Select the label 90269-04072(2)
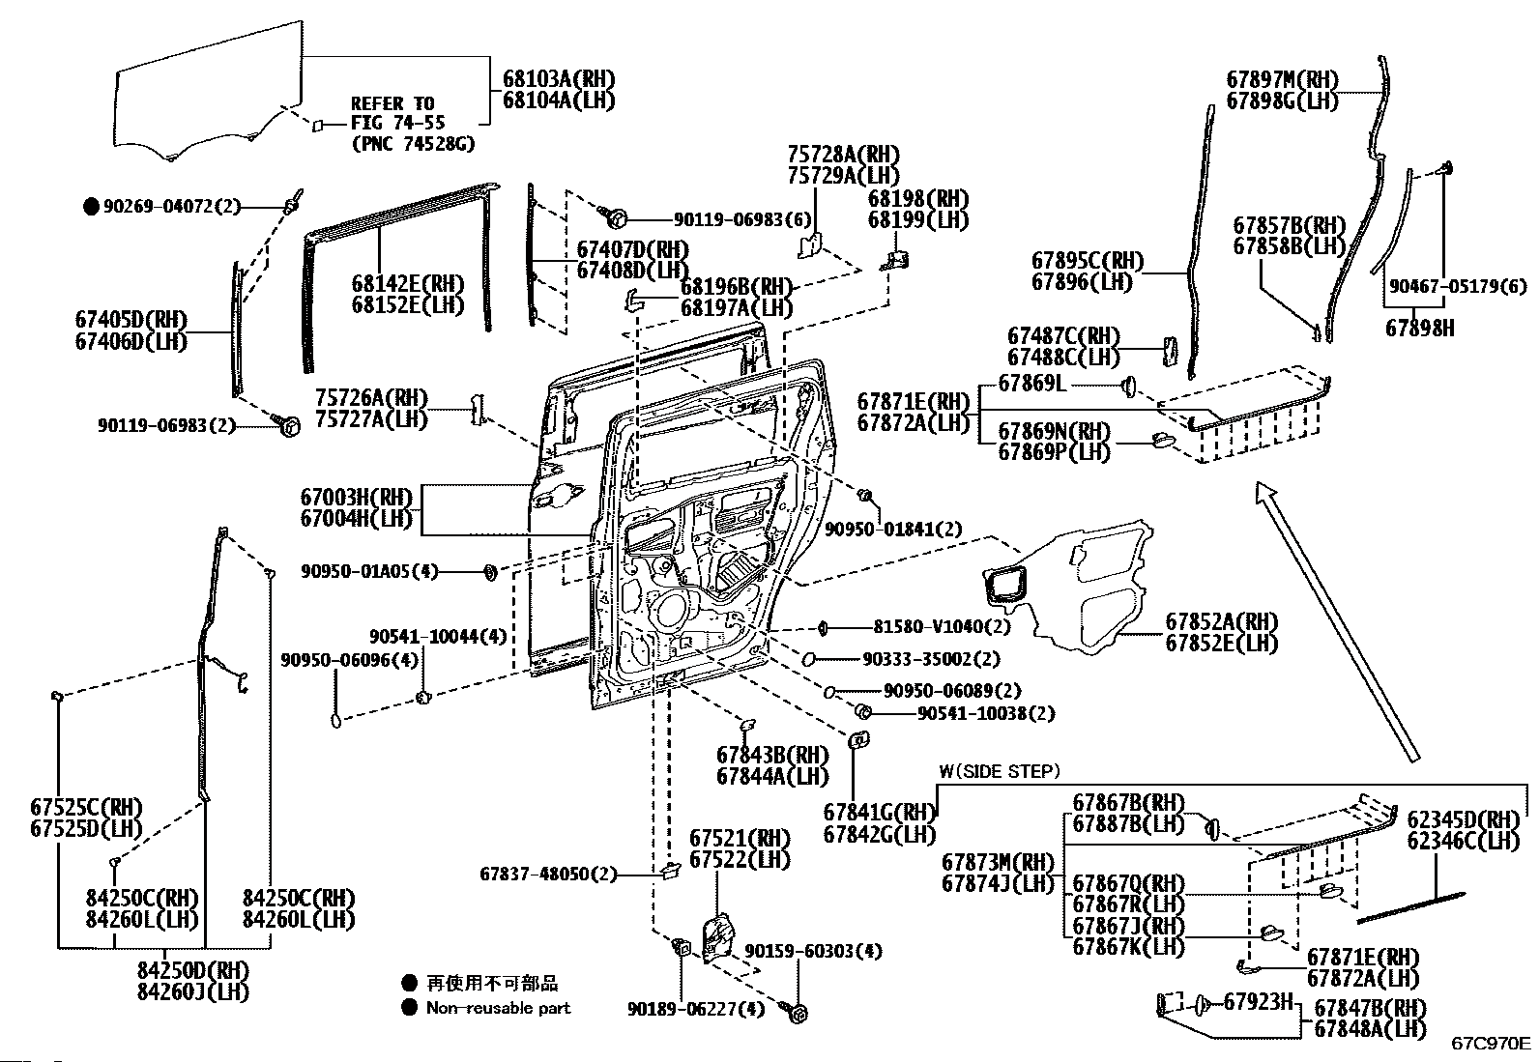(171, 206)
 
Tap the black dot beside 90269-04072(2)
(92, 206)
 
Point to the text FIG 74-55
(392, 124)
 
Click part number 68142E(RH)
(408, 284)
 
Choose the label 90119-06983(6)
(741, 220)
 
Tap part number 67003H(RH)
(356, 499)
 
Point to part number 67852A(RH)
(1221, 622)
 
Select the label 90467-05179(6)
(1458, 286)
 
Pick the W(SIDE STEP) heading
(1000, 771)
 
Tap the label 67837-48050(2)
(547, 875)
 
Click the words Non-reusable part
(498, 1008)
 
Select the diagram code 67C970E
(1490, 1044)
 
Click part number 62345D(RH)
(1463, 820)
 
